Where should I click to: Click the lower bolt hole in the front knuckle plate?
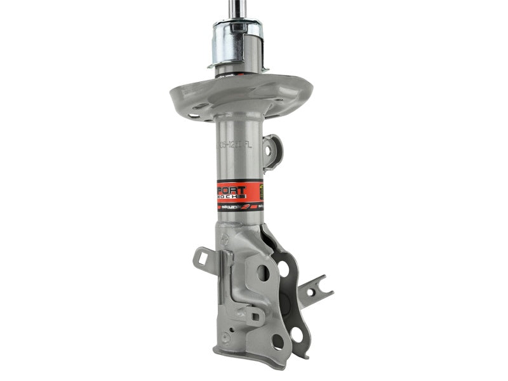(x=278, y=341)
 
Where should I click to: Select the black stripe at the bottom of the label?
(x=238, y=207)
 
